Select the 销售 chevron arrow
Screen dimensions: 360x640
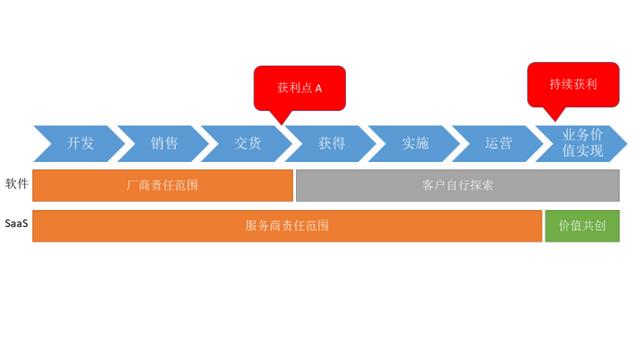click(x=164, y=143)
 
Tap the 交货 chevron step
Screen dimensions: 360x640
click(x=247, y=143)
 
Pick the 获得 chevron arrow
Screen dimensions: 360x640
click(x=331, y=143)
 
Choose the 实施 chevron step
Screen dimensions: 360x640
click(x=415, y=143)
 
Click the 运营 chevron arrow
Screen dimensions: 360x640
click(x=498, y=143)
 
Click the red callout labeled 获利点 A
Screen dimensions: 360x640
click(x=299, y=88)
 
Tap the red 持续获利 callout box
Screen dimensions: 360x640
click(x=573, y=85)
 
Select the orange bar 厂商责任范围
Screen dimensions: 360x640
click(x=162, y=185)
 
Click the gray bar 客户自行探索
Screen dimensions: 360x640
click(x=457, y=185)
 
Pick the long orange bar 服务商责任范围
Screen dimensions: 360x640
click(x=287, y=226)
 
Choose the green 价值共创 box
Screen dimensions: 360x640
click(x=582, y=226)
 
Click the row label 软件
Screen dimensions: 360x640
click(x=17, y=184)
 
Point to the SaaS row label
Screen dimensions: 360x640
click(x=16, y=225)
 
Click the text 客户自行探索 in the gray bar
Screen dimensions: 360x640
click(x=458, y=185)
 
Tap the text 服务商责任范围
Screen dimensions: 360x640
click(x=287, y=226)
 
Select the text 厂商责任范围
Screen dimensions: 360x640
click(x=162, y=185)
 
